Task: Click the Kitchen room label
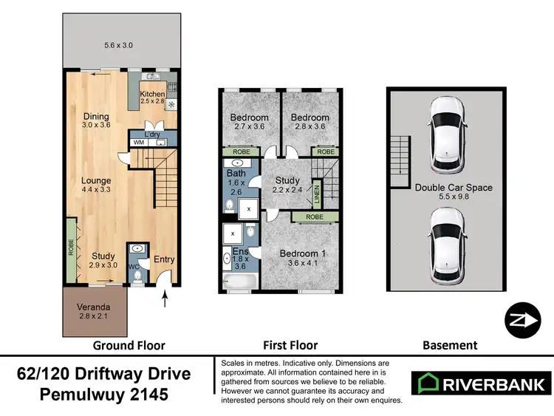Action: point(153,94)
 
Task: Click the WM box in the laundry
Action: point(138,142)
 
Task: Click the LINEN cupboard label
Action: point(316,195)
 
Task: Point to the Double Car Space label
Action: point(453,188)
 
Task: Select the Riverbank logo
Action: point(480,383)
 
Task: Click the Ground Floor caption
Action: point(129,345)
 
